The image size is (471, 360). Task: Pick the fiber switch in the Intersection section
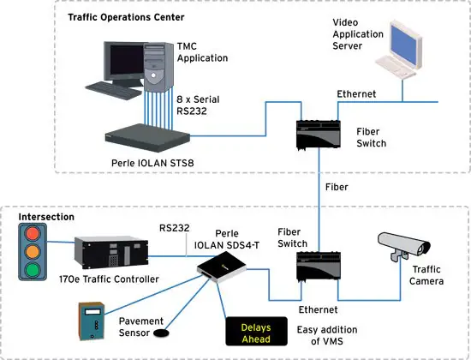coord(315,269)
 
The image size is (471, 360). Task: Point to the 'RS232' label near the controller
coord(174,228)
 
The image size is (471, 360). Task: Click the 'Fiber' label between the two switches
coord(336,185)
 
